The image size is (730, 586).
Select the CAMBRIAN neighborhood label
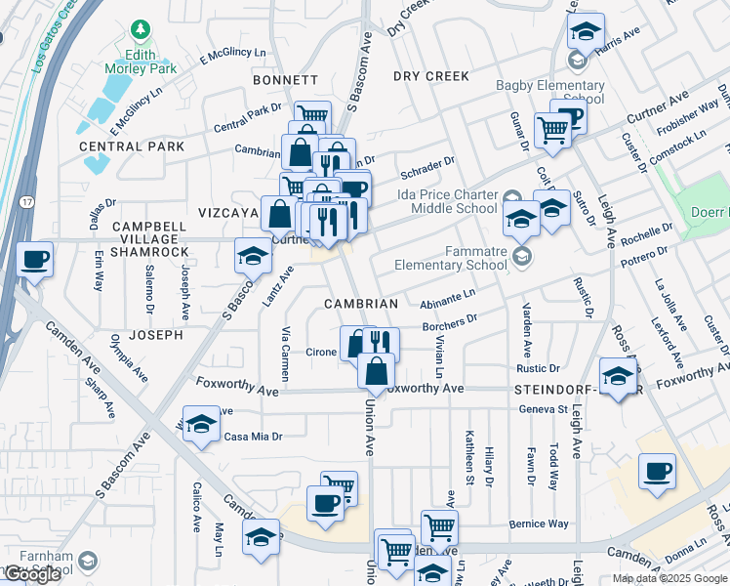coord(361,304)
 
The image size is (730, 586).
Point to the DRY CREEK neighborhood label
coord(430,76)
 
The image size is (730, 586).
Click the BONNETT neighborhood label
coord(285,80)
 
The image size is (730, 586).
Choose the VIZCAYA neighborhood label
coord(226,212)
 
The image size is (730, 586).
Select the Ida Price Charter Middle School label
coord(447,201)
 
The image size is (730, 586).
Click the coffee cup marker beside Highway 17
coord(35,260)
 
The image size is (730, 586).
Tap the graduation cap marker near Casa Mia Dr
coord(201,424)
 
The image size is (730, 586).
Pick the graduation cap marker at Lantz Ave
coord(253,256)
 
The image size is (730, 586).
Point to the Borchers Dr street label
coord(449,320)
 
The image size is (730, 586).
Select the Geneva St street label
coord(544,409)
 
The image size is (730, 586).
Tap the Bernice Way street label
coord(539,524)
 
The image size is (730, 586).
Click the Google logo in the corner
coord(31,574)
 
